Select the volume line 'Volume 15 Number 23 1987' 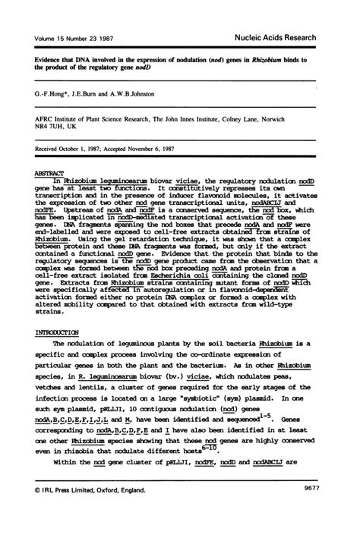click(72, 37)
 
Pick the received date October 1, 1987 click(88, 149)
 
